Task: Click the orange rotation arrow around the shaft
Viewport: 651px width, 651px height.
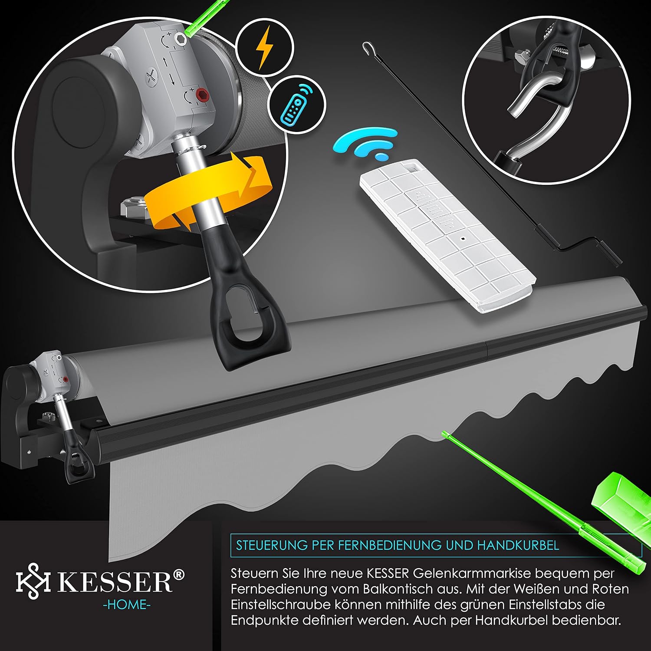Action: tap(206, 191)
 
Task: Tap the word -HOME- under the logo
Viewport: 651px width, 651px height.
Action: tap(127, 605)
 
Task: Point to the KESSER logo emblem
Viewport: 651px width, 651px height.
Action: tap(33, 582)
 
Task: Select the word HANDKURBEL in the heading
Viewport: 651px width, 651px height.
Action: tap(518, 545)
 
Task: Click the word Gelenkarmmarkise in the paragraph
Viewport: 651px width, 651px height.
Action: tap(472, 574)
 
